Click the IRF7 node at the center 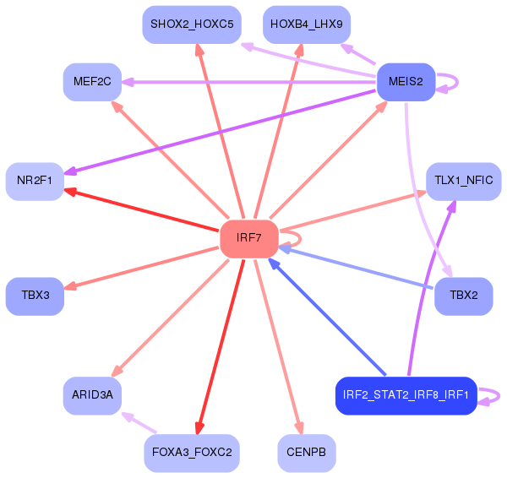(249, 238)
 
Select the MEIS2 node (406, 82)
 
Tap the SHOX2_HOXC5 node (193, 24)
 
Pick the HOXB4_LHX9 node (306, 24)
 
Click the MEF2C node (92, 82)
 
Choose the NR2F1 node (35, 181)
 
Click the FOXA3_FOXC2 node (193, 454)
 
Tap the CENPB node (306, 454)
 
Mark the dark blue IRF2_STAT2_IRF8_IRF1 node (406, 395)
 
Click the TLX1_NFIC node (463, 181)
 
